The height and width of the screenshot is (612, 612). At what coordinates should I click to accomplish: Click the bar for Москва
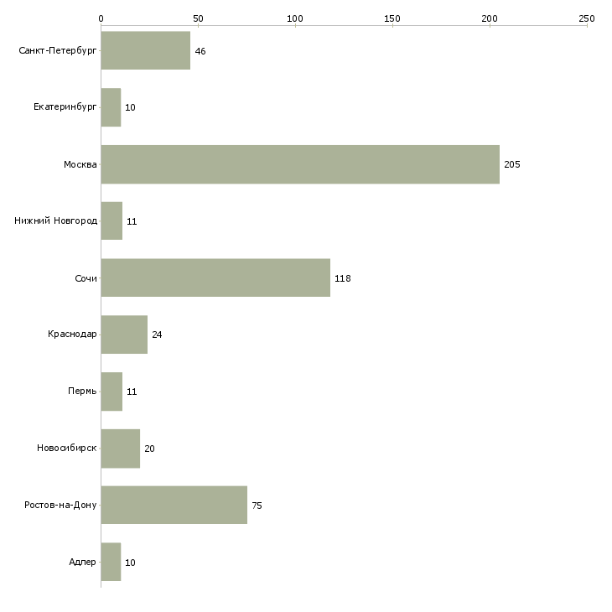tap(300, 164)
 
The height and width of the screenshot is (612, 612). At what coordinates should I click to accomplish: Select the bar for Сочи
tap(215, 277)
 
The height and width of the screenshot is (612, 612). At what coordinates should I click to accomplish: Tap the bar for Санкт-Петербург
tap(146, 50)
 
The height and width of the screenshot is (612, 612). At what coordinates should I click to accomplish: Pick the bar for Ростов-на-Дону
tap(174, 505)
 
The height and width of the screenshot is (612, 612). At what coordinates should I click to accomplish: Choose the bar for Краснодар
tap(124, 335)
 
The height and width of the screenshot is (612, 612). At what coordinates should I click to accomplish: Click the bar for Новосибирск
tap(121, 449)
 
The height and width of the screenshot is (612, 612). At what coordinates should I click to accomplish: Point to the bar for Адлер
tap(111, 562)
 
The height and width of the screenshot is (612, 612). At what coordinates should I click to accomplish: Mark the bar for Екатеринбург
tap(111, 107)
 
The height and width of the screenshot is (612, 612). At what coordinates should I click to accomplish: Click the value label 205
tap(512, 164)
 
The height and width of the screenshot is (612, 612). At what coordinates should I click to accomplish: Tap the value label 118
tap(343, 278)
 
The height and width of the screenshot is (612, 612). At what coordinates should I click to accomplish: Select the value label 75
tap(257, 506)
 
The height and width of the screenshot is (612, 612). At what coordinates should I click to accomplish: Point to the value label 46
tap(200, 51)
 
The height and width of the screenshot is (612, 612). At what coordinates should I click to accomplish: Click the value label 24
tap(157, 335)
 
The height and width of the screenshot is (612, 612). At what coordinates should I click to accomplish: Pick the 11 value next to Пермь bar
tap(132, 392)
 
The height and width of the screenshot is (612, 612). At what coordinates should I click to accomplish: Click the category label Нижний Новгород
tap(56, 220)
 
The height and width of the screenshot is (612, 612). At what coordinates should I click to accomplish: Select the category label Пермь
tap(82, 391)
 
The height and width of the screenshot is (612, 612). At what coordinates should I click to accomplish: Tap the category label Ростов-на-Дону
tap(60, 505)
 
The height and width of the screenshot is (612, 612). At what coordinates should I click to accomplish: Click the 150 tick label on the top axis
tap(392, 18)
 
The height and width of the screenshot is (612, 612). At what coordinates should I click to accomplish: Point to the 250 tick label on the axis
tap(587, 18)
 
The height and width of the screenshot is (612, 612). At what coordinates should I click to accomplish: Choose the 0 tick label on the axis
tap(101, 18)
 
